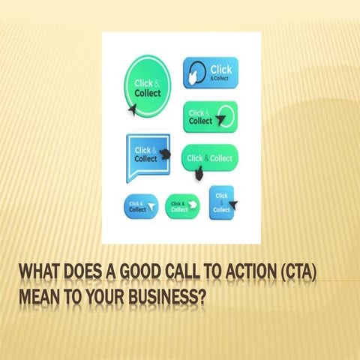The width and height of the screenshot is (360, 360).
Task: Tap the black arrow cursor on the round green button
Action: pyautogui.click(x=133, y=109)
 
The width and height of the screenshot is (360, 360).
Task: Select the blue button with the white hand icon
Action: pyautogui.click(x=210, y=73)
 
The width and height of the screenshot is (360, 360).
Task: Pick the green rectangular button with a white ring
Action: pyautogui.click(x=210, y=117)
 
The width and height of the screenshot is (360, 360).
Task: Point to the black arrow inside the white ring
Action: pyautogui.click(x=222, y=118)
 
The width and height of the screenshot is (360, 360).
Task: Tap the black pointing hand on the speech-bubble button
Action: pyautogui.click(x=166, y=154)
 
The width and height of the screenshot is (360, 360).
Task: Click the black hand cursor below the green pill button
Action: pyautogui.click(x=199, y=174)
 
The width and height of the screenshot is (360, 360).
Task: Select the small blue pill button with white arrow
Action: pyautogui.click(x=141, y=206)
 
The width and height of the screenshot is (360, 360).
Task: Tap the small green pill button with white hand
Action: pyautogui.click(x=182, y=206)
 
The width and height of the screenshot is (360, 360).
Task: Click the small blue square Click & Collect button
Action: pyautogui.click(x=222, y=202)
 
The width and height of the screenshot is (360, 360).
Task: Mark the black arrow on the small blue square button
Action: pyautogui.click(x=232, y=204)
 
